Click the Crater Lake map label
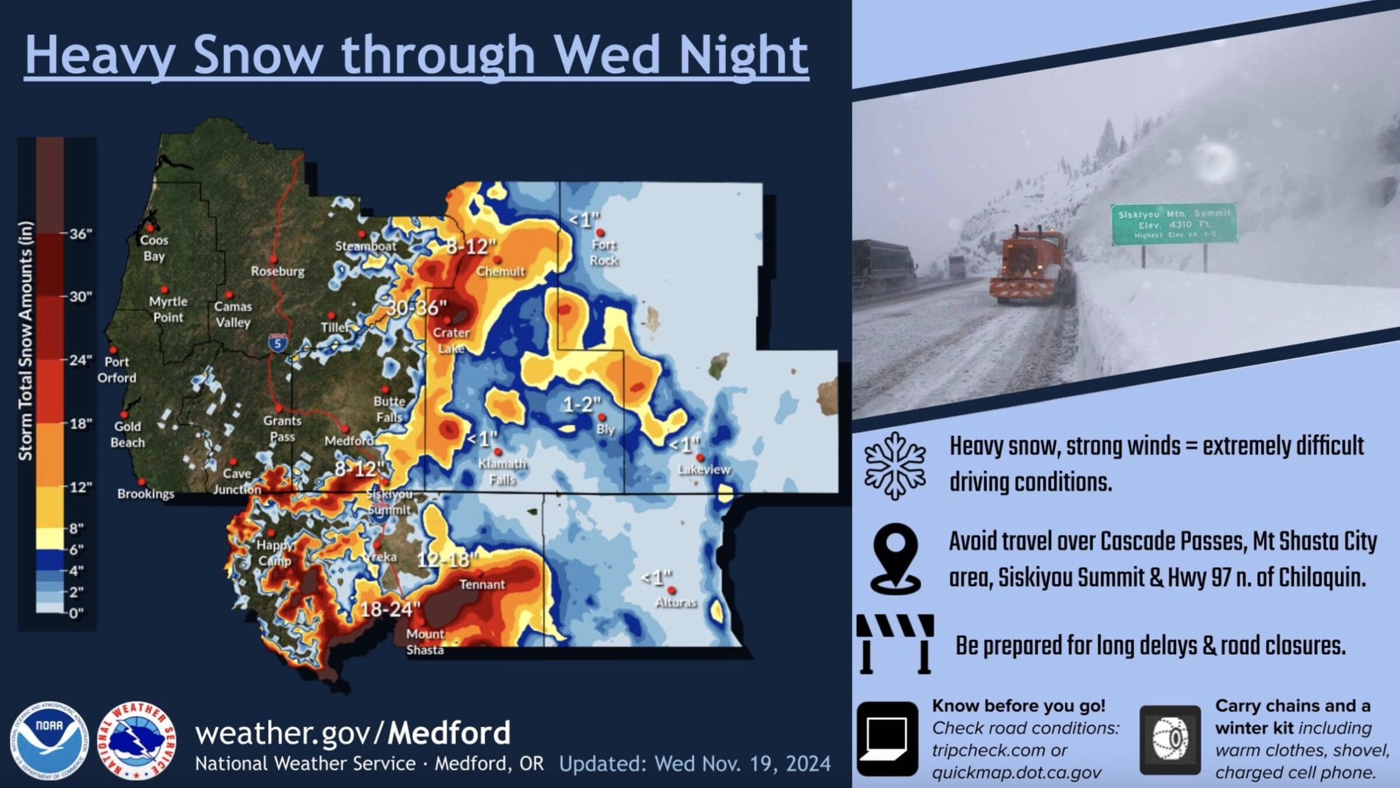[451, 340]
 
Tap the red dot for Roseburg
[273, 259]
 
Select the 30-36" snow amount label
[416, 307]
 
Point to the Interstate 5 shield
[278, 342]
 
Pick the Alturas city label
[676, 602]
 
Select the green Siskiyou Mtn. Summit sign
[1174, 224]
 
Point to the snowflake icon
[895, 466]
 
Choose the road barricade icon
[895, 643]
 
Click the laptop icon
[887, 738]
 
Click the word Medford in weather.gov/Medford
[449, 733]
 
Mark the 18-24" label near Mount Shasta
[390, 610]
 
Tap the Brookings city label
[146, 493]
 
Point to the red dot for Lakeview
[700, 458]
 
